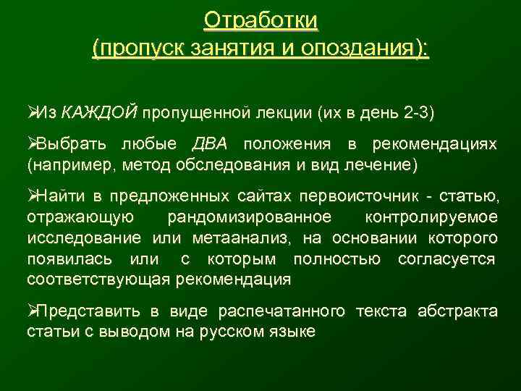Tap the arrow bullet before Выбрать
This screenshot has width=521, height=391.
click(x=32, y=145)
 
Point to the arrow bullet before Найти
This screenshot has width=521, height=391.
click(x=32, y=196)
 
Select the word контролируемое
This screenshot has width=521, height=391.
click(x=431, y=217)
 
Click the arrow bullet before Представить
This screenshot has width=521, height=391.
click(x=32, y=311)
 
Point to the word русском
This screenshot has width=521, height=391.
click(x=240, y=332)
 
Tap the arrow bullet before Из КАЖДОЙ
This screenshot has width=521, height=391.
click(x=32, y=113)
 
